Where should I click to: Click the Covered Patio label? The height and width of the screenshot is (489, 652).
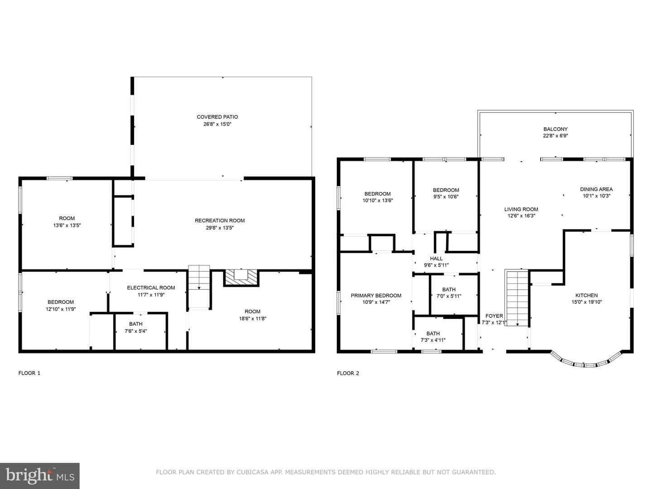(217, 117)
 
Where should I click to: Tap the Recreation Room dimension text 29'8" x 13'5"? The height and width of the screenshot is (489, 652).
(220, 228)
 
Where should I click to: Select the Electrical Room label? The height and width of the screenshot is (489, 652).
(151, 288)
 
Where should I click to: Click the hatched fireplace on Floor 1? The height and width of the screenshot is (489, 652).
(241, 278)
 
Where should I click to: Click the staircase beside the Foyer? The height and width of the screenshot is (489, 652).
(517, 298)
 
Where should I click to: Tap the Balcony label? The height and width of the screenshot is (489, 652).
(556, 129)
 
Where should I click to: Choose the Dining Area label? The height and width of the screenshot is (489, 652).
(596, 189)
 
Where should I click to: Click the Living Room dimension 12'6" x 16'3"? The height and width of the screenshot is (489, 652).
(521, 216)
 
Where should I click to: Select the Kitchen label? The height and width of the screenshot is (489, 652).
(587, 295)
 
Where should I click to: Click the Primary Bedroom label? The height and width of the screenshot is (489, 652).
(376, 295)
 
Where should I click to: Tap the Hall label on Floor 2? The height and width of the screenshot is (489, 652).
(436, 259)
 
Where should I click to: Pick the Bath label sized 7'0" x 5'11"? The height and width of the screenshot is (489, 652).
(449, 289)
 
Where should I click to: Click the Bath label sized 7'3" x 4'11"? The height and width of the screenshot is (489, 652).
(433, 333)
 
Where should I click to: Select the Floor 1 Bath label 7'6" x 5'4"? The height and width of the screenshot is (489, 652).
(136, 324)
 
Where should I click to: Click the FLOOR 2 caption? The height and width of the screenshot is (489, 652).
(348, 373)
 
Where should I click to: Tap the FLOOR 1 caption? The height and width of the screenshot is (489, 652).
(29, 373)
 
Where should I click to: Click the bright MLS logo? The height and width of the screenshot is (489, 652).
(40, 476)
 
